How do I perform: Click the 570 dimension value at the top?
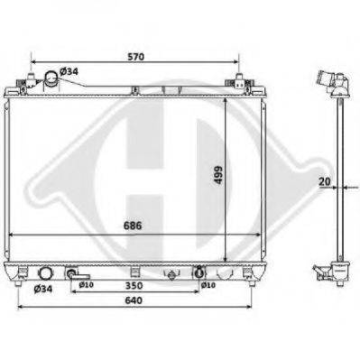[x=136, y=57]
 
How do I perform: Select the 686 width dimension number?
[x=133, y=226]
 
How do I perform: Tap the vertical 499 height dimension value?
[x=218, y=175]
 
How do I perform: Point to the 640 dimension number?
[x=134, y=300]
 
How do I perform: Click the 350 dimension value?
[x=134, y=285]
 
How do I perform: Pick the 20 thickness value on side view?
[x=325, y=181]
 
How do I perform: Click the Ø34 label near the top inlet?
[x=69, y=71]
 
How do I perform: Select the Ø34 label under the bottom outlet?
[x=43, y=289]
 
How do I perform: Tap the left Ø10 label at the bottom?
[x=86, y=285]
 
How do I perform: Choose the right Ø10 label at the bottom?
[x=208, y=285]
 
